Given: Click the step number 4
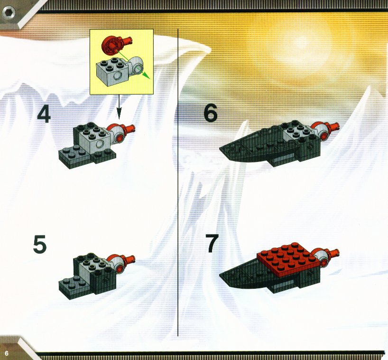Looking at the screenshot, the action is [x=44, y=114].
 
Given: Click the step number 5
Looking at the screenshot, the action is [x=40, y=244].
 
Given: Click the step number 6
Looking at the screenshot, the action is [x=211, y=113].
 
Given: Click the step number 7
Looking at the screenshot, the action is [x=212, y=244].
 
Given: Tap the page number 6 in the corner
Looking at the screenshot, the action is [x=7, y=353].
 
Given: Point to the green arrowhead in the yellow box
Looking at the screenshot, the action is [x=147, y=76].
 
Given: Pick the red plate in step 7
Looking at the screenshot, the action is [x=288, y=260].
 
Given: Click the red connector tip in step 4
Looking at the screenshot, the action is [x=130, y=128].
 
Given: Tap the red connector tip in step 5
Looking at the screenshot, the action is [x=130, y=259].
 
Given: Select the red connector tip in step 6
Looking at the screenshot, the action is [x=335, y=126].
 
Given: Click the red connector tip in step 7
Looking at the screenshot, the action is [x=334, y=253].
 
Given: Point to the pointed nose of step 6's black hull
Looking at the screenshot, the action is [x=221, y=149].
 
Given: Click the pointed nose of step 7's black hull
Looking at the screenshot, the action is [x=221, y=274].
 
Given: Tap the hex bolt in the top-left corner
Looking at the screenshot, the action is [x=9, y=12].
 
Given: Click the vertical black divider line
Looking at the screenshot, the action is [x=178, y=182].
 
